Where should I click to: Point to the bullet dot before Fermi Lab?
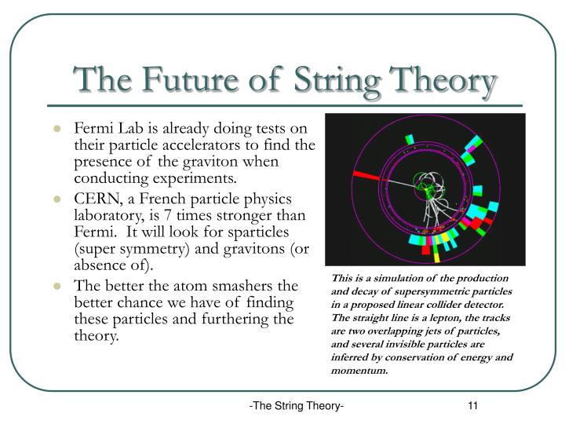point(58,129)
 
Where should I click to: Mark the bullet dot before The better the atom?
point(58,286)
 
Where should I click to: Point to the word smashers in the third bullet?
point(233,286)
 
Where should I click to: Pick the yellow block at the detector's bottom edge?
point(436,256)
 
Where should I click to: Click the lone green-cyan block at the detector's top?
point(409,140)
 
